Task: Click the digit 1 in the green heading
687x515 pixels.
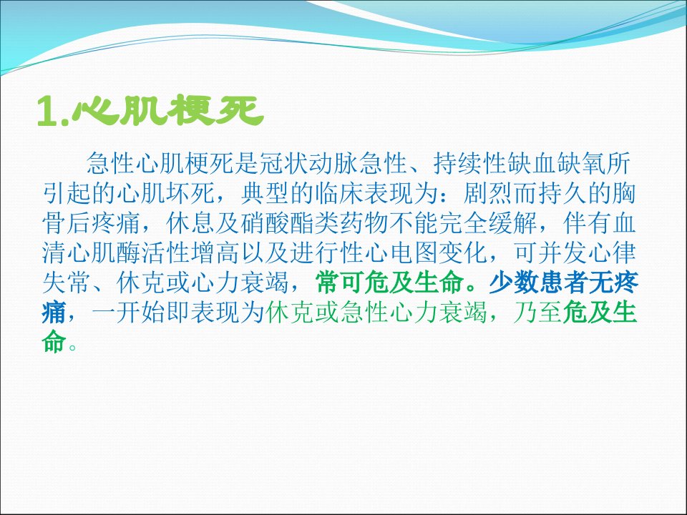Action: [47, 112]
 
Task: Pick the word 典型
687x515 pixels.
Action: [265, 193]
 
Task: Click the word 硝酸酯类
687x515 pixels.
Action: [289, 223]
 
